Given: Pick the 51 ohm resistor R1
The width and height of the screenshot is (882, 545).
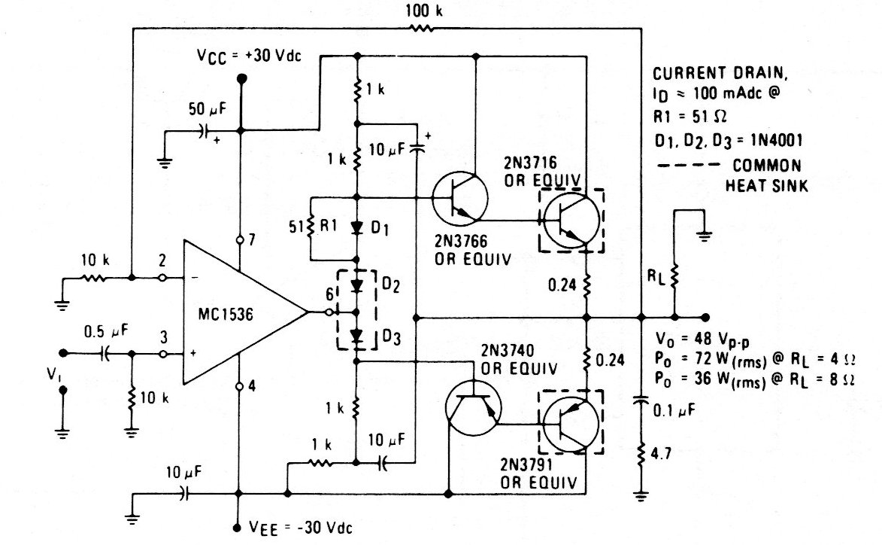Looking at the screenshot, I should [311, 227].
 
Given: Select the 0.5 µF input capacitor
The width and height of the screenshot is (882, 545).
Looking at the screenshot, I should [105, 352].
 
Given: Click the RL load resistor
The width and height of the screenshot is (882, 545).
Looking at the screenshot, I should [674, 278].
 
